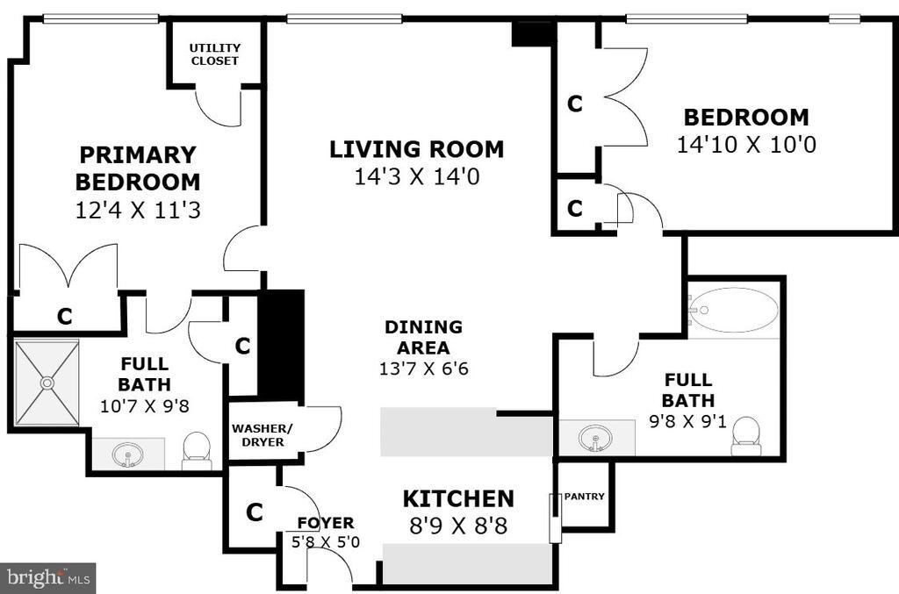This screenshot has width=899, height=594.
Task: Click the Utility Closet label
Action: (x=215, y=54)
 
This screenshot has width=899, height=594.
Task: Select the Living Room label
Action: (x=416, y=149)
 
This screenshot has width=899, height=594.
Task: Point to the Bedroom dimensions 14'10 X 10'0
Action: (x=746, y=145)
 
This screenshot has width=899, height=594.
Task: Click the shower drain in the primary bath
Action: (x=47, y=383)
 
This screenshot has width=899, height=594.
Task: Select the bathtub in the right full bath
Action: (x=733, y=310)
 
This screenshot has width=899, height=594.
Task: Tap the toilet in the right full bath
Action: (x=746, y=435)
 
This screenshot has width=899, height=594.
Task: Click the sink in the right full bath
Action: (x=596, y=437)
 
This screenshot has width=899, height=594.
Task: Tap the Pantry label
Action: (x=584, y=497)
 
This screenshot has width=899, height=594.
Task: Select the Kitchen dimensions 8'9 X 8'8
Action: (x=457, y=526)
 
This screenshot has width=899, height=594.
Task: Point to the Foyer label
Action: (x=325, y=524)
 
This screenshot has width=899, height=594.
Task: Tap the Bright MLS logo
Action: (x=47, y=577)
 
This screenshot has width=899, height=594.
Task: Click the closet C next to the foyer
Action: (x=254, y=512)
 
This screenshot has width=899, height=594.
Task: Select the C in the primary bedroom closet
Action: (x=65, y=317)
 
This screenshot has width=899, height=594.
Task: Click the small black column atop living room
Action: (x=532, y=34)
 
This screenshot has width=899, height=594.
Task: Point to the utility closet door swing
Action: (x=215, y=107)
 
